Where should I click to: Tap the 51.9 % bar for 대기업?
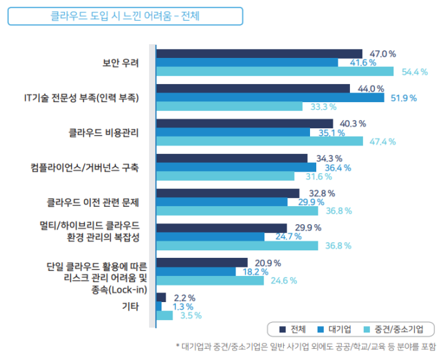(x=270, y=98)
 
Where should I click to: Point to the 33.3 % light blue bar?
(x=229, y=106)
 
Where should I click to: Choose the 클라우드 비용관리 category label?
(x=104, y=132)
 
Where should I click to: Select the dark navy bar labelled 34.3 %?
(x=232, y=159)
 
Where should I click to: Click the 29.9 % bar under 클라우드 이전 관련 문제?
(x=222, y=202)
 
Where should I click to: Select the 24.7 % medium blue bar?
(x=211, y=237)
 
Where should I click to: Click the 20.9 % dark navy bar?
(x=202, y=263)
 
